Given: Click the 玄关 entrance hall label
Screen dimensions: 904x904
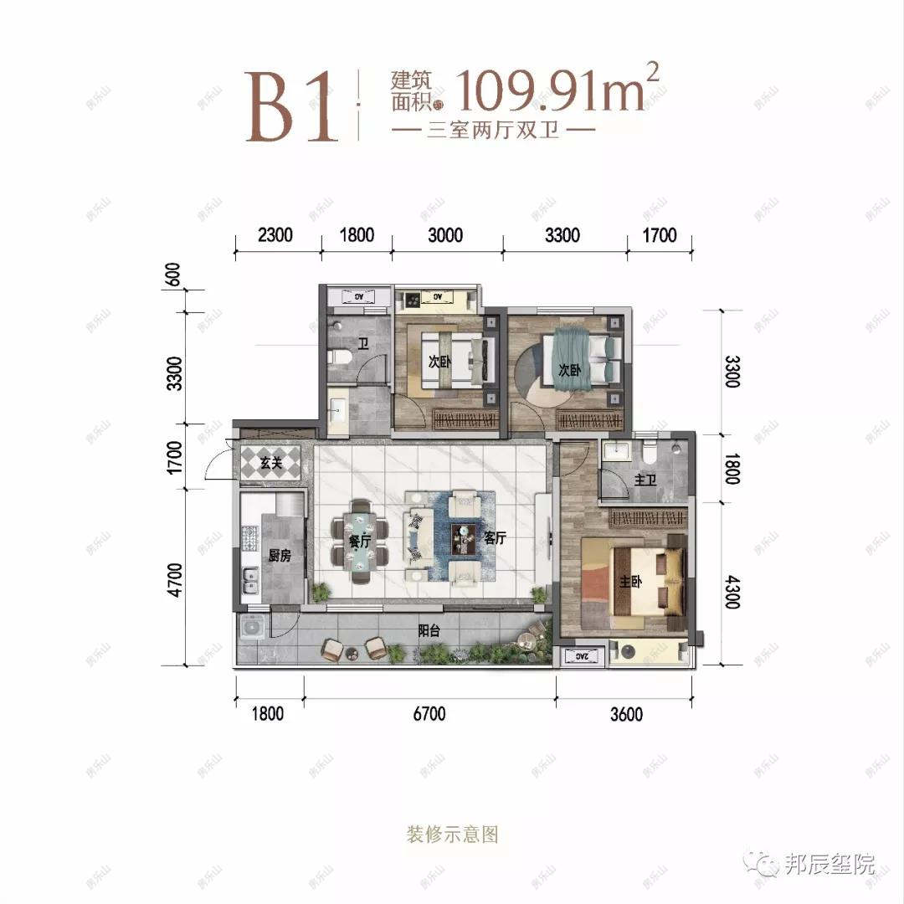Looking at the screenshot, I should click(270, 463).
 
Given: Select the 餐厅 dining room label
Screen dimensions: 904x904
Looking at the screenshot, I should click(360, 542).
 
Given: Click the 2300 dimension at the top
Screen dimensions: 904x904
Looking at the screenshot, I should click(275, 236).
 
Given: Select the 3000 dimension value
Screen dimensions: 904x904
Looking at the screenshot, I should click(445, 236).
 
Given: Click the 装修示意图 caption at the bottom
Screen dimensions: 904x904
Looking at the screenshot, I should click(452, 835).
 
